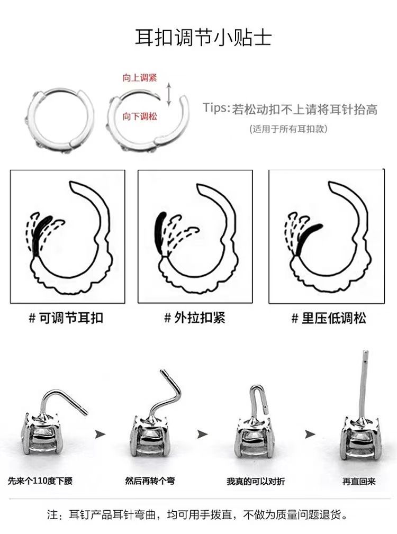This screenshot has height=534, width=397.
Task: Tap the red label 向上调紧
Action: [x=140, y=78]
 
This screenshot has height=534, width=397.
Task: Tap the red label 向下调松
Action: [x=140, y=116]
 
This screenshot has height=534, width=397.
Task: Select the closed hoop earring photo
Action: [x=59, y=119]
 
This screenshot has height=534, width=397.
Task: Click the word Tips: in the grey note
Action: [x=216, y=108]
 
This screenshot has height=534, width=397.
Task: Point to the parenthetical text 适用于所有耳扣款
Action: [x=288, y=129]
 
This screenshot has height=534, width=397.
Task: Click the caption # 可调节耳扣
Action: [x=66, y=318]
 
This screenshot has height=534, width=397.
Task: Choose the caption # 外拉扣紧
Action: [x=195, y=318]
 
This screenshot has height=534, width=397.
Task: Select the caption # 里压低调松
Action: [x=329, y=318]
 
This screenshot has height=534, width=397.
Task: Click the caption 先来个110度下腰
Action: [x=40, y=481]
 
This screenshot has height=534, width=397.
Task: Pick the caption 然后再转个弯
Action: [x=150, y=481]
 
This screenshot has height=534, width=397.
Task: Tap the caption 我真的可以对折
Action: [x=256, y=481]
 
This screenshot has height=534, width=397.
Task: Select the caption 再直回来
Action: [x=359, y=481]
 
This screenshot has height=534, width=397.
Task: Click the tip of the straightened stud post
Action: [x=365, y=351]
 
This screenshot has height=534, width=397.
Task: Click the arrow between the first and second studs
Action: [x=100, y=434]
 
